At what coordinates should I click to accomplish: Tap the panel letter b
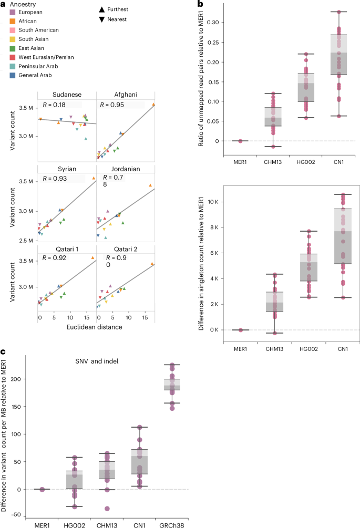[200, 4]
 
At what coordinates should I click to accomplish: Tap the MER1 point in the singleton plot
[240, 330]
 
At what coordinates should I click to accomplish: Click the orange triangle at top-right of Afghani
[153, 105]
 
